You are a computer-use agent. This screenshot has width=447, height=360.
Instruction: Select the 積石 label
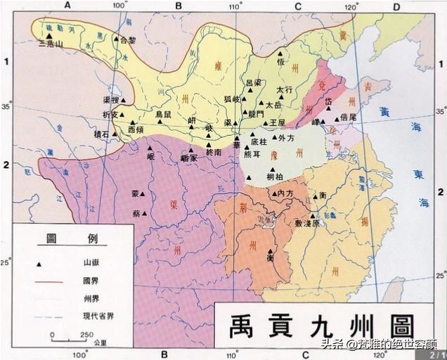[x=103, y=132]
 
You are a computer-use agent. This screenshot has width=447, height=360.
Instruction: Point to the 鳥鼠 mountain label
[x=163, y=113]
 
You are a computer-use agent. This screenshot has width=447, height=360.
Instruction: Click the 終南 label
[x=214, y=151]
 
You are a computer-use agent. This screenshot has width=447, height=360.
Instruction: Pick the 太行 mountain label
[x=284, y=90]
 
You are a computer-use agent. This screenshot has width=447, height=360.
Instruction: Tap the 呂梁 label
[x=253, y=82]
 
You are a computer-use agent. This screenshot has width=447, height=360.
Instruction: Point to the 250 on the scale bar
[x=87, y=334]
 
